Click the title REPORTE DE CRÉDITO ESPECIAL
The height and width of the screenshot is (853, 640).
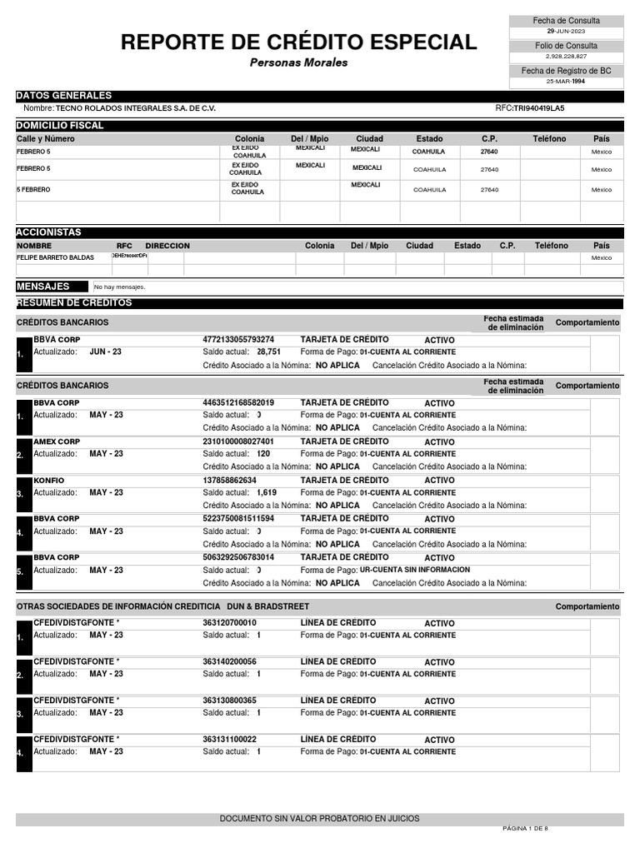(x=298, y=42)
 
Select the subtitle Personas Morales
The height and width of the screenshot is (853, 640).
(x=298, y=62)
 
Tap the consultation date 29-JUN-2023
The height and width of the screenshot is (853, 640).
(x=566, y=31)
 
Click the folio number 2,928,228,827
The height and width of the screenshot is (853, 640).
(x=566, y=56)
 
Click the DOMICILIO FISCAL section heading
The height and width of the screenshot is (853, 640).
(x=60, y=126)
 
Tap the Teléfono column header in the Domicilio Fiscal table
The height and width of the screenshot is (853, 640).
(x=549, y=138)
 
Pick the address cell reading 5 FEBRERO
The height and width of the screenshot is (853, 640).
(x=33, y=190)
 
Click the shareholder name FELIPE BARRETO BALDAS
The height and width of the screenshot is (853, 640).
(x=55, y=258)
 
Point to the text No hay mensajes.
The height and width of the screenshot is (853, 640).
(x=120, y=287)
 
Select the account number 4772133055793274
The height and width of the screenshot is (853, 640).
(x=238, y=340)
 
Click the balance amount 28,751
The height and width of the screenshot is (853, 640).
(x=268, y=352)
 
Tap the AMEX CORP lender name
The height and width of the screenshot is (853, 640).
(x=57, y=441)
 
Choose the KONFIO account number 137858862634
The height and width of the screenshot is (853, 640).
(x=230, y=481)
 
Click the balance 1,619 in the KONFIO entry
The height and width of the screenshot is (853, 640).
(x=267, y=492)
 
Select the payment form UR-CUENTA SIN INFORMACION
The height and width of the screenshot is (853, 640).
(x=414, y=570)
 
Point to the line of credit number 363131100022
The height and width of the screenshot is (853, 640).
(x=229, y=739)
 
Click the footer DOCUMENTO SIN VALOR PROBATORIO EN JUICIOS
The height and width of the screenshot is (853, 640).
(x=319, y=819)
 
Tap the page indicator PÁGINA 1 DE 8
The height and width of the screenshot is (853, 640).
(x=525, y=829)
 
